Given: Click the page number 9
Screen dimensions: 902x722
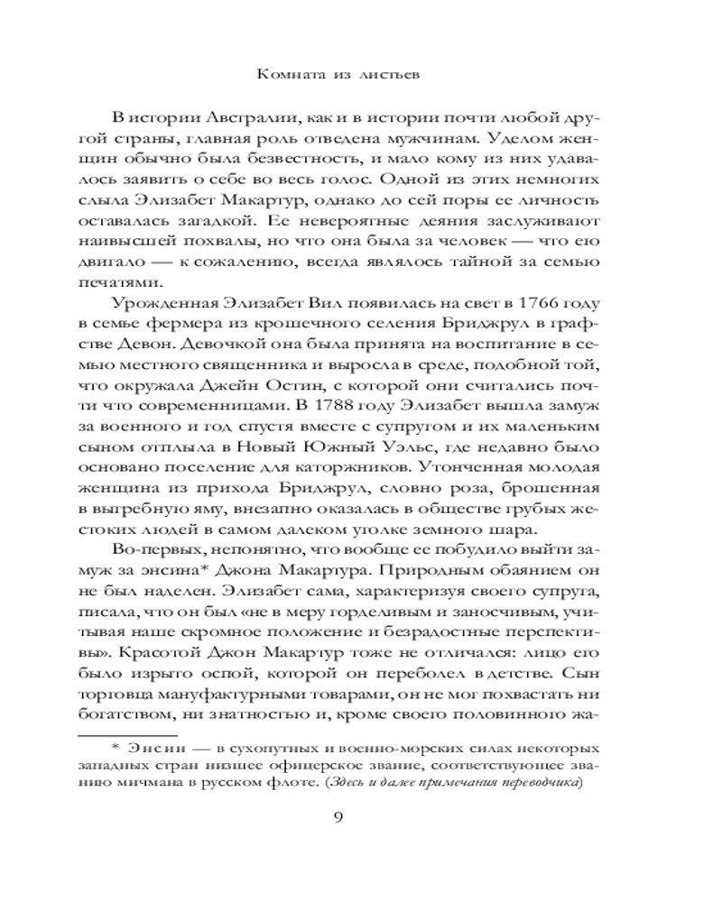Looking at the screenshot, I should point(360,818).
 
